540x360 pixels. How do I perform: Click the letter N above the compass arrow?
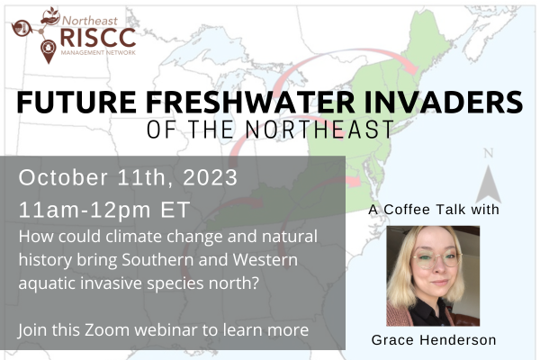[489, 152]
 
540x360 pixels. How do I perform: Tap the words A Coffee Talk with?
[433, 210]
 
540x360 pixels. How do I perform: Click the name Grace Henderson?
[433, 340]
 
